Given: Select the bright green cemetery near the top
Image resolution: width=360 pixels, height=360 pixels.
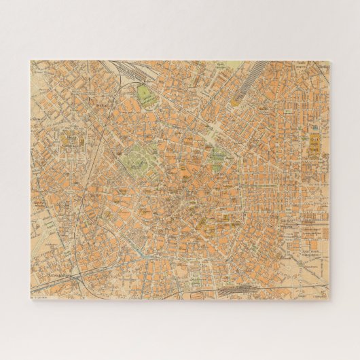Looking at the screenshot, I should (145, 94).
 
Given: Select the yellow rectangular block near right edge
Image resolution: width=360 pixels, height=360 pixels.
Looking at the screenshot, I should (315, 144).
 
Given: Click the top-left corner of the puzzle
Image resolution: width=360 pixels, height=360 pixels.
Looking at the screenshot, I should (31, 61).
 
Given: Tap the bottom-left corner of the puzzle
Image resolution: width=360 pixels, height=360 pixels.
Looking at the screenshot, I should (31, 299).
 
